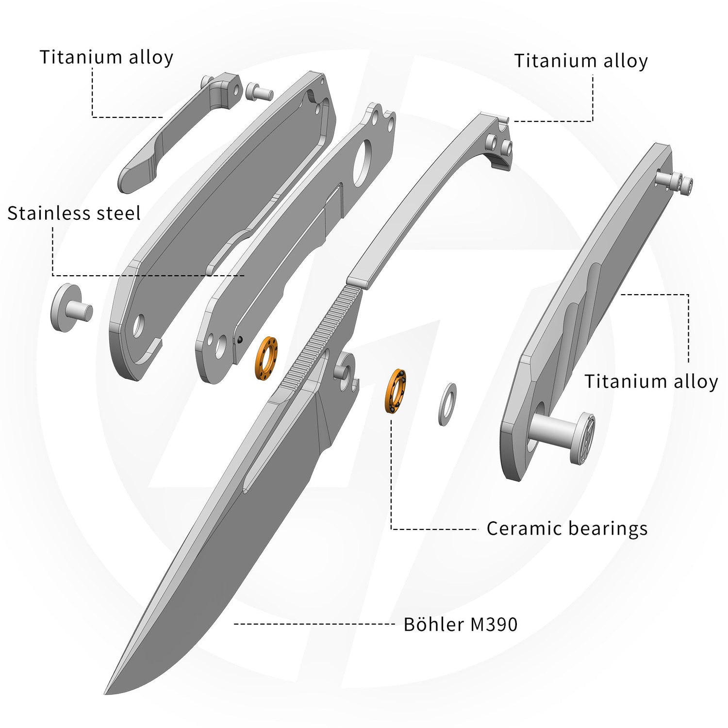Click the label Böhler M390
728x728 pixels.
pos(461,624)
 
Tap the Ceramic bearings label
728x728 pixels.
pos(567,529)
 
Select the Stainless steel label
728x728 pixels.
pos(74,214)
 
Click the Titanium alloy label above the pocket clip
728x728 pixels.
pos(106,57)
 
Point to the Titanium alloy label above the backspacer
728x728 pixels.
pos(581,61)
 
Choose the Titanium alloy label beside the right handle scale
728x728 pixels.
pos(651,381)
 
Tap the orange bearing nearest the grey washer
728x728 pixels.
pos(396,391)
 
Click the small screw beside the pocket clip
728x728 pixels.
pos(259,91)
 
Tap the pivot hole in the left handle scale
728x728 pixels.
pos(139,326)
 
